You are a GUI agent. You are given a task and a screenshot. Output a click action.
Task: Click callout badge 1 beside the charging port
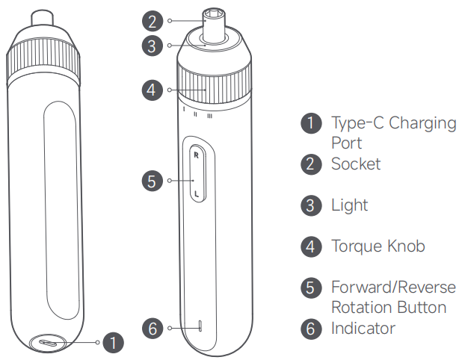[x=113, y=342]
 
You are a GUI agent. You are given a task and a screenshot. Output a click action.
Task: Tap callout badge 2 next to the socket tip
[x=153, y=21]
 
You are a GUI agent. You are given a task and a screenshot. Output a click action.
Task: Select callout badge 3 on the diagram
[x=153, y=46]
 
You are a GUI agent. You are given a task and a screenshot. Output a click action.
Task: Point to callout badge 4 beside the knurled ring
[x=153, y=90]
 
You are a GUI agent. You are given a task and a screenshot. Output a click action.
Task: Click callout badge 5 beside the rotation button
[x=153, y=181]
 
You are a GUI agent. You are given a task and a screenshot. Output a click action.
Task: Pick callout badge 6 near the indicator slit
[x=153, y=328]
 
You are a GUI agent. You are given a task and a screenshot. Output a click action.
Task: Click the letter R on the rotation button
[x=196, y=155]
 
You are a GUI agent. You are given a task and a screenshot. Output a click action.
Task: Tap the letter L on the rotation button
[x=197, y=194]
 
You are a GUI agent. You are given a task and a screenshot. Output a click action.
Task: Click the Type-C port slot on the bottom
[x=49, y=344]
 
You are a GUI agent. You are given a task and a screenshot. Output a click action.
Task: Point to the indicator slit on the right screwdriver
[x=200, y=326]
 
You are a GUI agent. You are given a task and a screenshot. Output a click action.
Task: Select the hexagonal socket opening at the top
[x=215, y=13]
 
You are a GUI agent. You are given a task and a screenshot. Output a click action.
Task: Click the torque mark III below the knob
[x=209, y=116]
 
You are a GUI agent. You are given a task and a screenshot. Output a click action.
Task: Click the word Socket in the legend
[x=356, y=164]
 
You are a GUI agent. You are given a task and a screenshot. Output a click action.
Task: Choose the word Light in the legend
[x=349, y=205]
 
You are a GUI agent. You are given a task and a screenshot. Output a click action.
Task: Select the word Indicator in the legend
[x=363, y=328]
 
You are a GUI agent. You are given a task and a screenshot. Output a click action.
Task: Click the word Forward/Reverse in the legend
[x=393, y=287]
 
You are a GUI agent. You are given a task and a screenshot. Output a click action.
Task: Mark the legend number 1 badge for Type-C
[x=311, y=123]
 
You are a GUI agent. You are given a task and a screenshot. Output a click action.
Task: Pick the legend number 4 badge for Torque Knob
[x=311, y=246]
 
